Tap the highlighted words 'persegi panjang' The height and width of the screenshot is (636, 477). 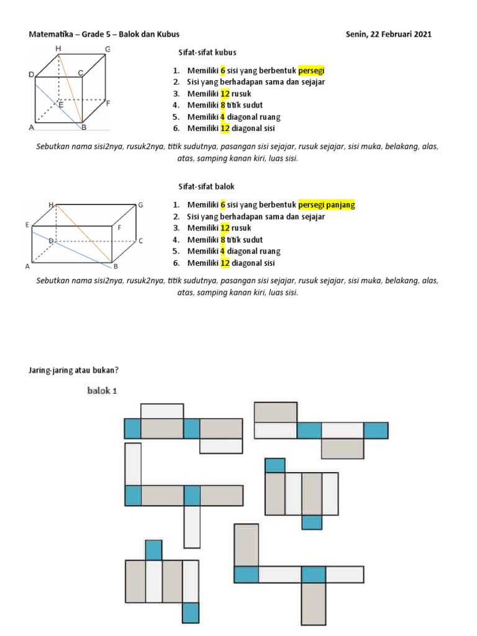[327, 205]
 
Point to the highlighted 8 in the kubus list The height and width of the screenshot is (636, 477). [223, 105]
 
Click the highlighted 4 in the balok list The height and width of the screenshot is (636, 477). [223, 251]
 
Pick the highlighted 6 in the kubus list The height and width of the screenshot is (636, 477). [223, 71]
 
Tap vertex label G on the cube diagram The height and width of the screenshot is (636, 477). [107, 48]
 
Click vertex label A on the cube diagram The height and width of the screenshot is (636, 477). [30, 127]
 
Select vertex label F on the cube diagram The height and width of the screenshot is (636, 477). [108, 103]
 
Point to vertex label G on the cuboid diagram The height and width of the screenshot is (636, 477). [141, 204]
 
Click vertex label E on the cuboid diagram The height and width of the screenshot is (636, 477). [27, 225]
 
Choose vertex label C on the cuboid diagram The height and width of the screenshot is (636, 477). [141, 240]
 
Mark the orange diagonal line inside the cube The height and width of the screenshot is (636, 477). [70, 90]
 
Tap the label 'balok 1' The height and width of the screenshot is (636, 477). [101, 391]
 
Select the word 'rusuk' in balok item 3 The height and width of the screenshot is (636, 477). [243, 228]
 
